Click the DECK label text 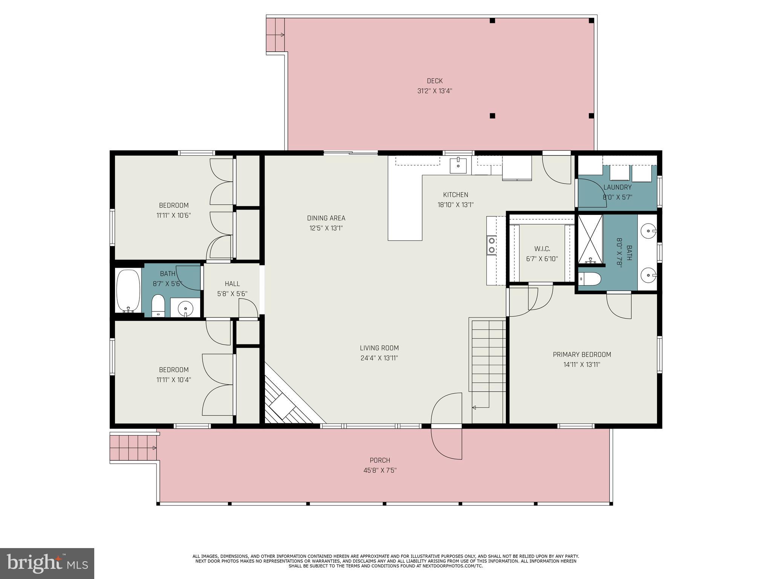[x=435, y=81]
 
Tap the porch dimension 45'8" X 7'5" [x=380, y=470]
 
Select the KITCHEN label [x=455, y=195]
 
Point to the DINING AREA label [x=326, y=218]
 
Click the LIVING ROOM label [x=379, y=348]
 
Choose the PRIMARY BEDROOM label [x=582, y=355]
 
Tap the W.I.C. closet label [x=542, y=249]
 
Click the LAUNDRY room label [x=617, y=187]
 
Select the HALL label [x=232, y=284]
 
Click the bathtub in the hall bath [x=128, y=291]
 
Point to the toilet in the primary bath [x=590, y=279]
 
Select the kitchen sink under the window [x=458, y=166]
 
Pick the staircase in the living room [x=488, y=371]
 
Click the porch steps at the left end [x=133, y=448]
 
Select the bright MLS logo [x=47, y=564]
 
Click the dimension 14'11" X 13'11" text [x=582, y=365]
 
